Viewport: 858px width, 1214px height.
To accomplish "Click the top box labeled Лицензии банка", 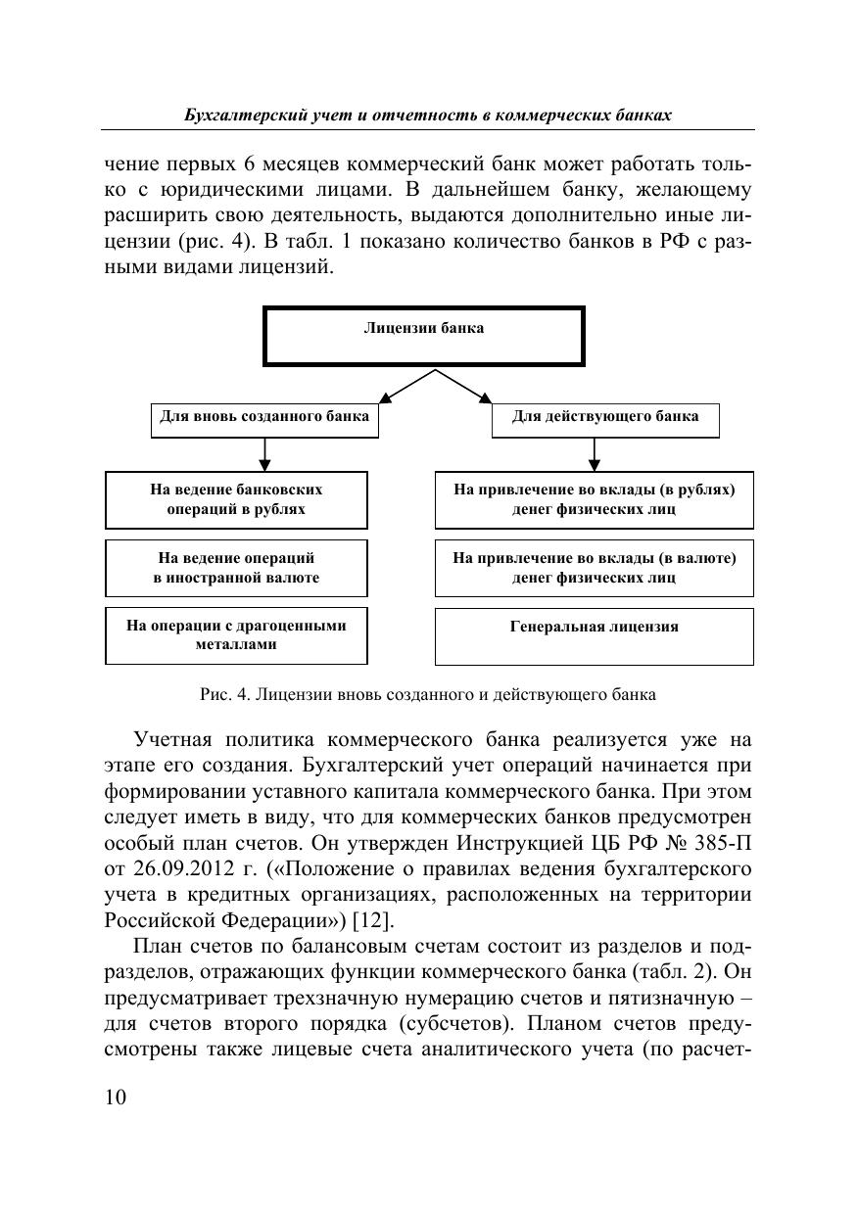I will pyautogui.click(x=424, y=336).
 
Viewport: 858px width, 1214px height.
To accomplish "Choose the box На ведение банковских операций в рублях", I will pyautogui.click(x=236, y=500).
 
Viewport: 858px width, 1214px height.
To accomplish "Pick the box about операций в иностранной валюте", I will pyautogui.click(x=236, y=568).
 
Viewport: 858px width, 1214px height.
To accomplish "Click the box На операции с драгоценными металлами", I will pyautogui.click(x=236, y=635).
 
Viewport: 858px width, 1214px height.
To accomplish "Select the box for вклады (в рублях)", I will pyautogui.click(x=595, y=500).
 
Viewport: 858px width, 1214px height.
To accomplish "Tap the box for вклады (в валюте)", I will pyautogui.click(x=595, y=568).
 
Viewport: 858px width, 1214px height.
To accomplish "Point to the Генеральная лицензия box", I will pyautogui.click(x=595, y=635).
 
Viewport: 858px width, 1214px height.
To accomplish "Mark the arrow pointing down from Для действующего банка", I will pyautogui.click(x=595, y=453).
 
